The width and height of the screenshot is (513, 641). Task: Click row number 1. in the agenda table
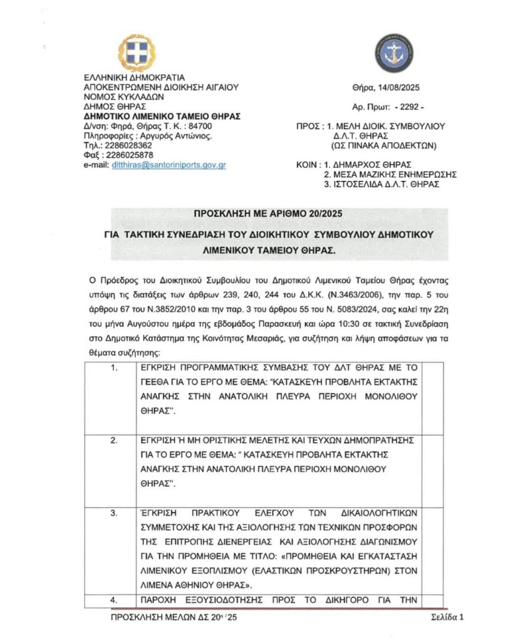tap(114, 367)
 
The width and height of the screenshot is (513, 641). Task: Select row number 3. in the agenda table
tap(114, 513)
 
